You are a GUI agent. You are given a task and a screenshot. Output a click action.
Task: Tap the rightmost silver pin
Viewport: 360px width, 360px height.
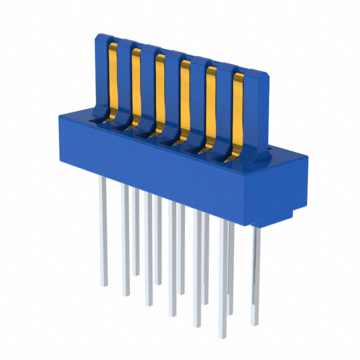[256, 270]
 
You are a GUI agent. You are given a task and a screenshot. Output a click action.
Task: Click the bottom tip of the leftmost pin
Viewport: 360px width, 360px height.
[103, 285]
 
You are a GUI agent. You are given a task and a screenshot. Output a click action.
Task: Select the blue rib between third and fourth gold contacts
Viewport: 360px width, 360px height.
[173, 90]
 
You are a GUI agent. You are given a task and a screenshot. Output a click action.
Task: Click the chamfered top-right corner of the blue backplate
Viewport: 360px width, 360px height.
[263, 76]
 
